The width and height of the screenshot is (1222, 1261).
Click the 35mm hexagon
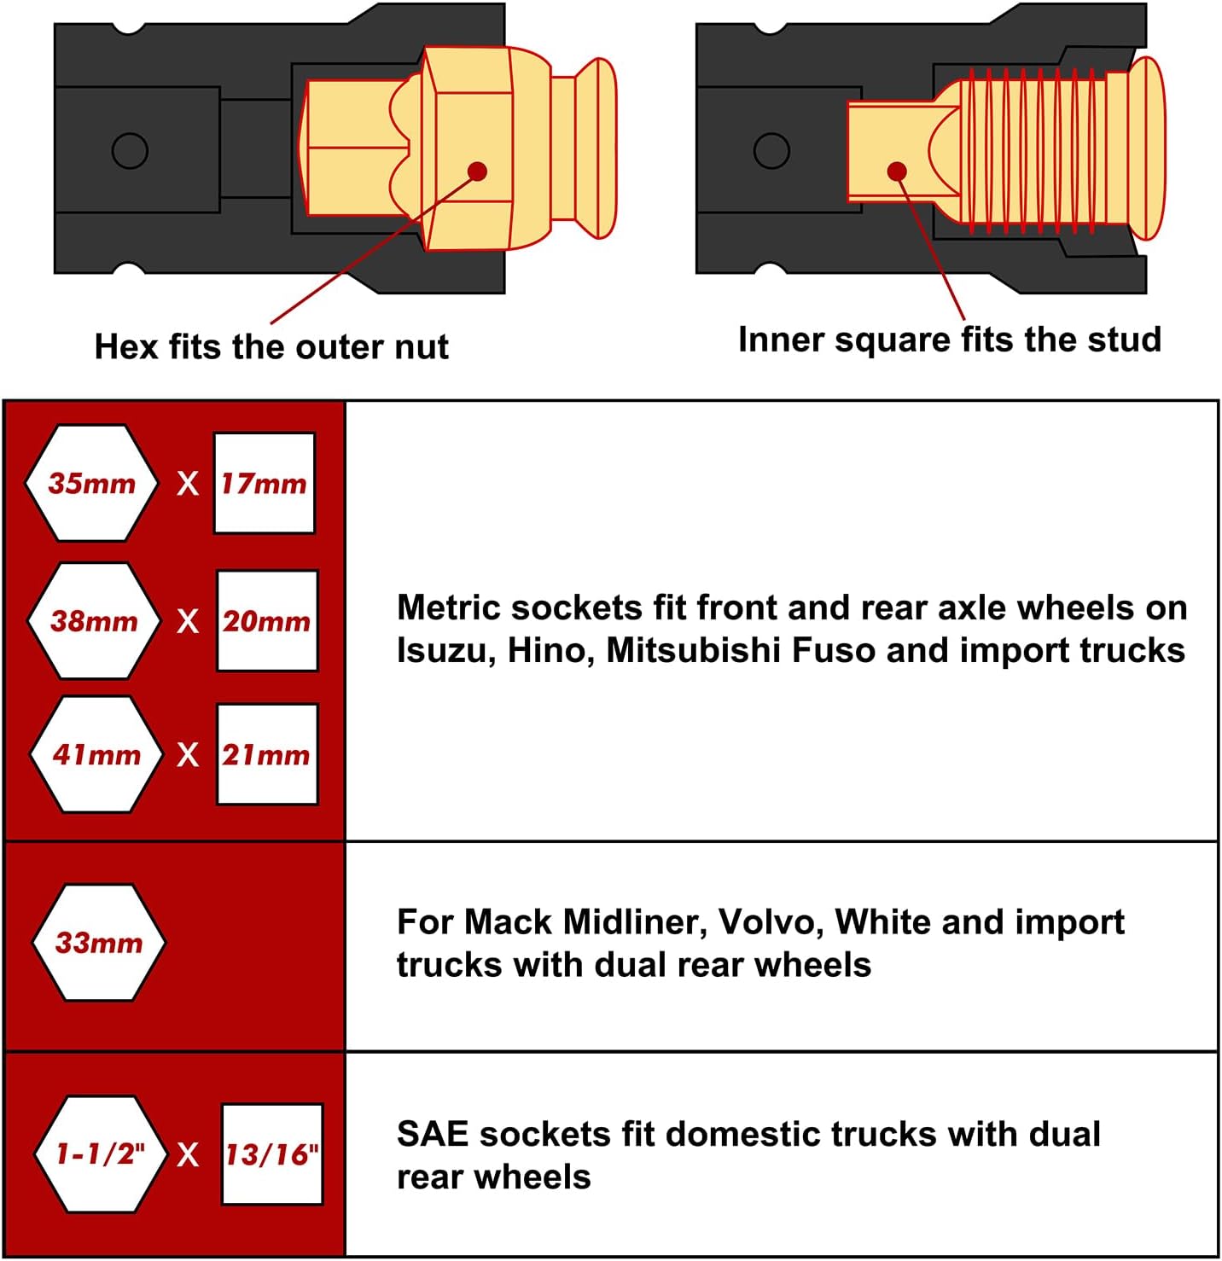(x=91, y=483)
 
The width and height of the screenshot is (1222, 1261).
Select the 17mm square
(x=264, y=483)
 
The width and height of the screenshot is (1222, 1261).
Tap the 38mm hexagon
(x=94, y=620)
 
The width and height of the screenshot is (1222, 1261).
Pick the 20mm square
(x=267, y=620)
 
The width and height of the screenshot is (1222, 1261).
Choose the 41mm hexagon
(x=96, y=754)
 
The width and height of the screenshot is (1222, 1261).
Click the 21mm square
(x=267, y=754)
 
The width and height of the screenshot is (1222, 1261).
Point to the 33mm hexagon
(x=99, y=942)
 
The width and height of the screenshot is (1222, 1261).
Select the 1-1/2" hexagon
(x=100, y=1153)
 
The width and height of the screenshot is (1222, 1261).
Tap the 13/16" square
(x=272, y=1154)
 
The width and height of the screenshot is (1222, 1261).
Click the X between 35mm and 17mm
(x=188, y=484)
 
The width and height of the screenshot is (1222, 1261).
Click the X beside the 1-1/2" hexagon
(x=188, y=1154)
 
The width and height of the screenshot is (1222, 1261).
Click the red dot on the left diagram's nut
(x=478, y=171)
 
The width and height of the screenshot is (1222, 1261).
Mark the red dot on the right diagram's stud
(x=897, y=171)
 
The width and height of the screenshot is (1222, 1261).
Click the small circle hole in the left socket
(x=130, y=151)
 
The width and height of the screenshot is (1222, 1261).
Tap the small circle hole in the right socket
(x=771, y=151)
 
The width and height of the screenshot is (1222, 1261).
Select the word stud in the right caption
(x=1125, y=339)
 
